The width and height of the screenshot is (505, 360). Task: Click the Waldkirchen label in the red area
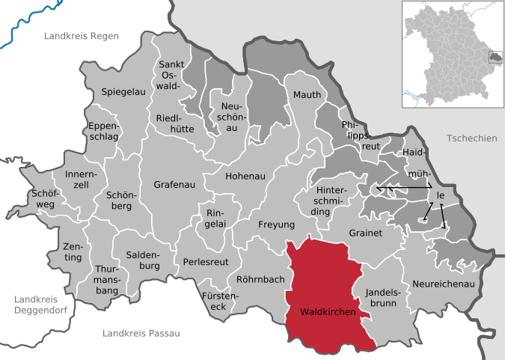[x=328, y=311]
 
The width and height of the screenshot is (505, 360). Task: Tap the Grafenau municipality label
[x=173, y=183]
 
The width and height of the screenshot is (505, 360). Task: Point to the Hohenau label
[x=245, y=177]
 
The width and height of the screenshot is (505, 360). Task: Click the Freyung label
[x=276, y=224]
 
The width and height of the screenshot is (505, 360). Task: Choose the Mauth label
[x=307, y=95]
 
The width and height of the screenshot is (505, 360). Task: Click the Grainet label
[x=366, y=234]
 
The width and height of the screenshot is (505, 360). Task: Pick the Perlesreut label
[x=206, y=262]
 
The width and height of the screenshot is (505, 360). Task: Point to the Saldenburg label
[x=143, y=260]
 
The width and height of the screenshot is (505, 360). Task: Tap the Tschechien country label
[x=471, y=138]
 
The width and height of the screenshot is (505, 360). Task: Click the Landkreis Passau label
[x=141, y=333]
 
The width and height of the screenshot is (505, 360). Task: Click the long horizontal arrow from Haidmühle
[x=404, y=187]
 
